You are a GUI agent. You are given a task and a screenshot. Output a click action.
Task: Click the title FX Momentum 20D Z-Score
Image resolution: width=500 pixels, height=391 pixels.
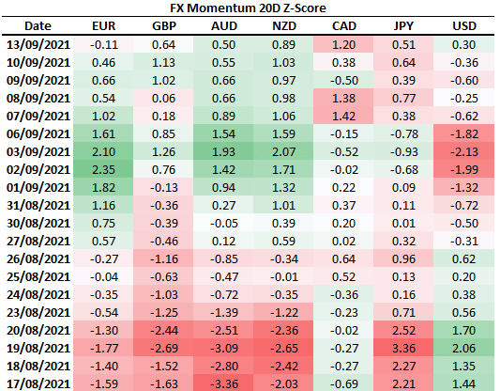(248, 8)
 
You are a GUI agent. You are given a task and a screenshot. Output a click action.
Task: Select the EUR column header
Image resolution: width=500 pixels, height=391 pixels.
(103, 26)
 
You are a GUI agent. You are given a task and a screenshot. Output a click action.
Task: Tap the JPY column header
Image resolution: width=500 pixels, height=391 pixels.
(403, 26)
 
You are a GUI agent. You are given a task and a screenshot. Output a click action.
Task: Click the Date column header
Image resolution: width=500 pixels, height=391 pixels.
(38, 26)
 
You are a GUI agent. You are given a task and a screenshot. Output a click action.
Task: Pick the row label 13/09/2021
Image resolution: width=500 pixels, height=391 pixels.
(38, 45)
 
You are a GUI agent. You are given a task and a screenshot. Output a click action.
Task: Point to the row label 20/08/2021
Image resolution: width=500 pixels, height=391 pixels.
(38, 330)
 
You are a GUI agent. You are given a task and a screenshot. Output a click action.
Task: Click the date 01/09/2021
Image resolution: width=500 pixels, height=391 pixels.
(38, 188)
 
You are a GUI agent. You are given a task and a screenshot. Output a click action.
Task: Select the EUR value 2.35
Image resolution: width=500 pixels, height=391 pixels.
(103, 169)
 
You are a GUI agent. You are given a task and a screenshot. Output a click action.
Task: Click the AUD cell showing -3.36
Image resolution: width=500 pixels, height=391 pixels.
(224, 384)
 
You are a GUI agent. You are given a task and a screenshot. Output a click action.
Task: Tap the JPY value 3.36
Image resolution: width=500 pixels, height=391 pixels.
(403, 348)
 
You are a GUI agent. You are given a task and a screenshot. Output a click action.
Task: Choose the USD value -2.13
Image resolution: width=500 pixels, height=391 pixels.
(464, 151)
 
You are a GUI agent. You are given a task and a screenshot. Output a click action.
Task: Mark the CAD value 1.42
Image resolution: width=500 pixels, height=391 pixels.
(343, 116)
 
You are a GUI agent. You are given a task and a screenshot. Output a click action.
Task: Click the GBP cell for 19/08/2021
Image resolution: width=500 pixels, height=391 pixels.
(164, 348)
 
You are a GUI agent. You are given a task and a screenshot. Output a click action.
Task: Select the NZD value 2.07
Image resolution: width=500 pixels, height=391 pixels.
(284, 151)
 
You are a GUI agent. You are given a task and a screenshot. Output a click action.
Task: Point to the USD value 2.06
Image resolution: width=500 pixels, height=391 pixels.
(464, 348)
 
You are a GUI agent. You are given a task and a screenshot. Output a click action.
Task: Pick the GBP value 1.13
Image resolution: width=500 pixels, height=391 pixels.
(163, 63)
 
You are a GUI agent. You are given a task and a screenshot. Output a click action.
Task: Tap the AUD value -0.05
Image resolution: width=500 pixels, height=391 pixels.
(224, 224)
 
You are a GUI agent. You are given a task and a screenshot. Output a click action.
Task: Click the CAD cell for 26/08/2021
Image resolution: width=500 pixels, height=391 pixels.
(343, 259)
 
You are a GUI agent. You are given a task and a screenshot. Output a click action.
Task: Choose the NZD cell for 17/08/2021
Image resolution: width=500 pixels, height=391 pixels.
(284, 384)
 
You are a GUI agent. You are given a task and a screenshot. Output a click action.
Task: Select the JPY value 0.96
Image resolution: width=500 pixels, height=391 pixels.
(403, 259)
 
